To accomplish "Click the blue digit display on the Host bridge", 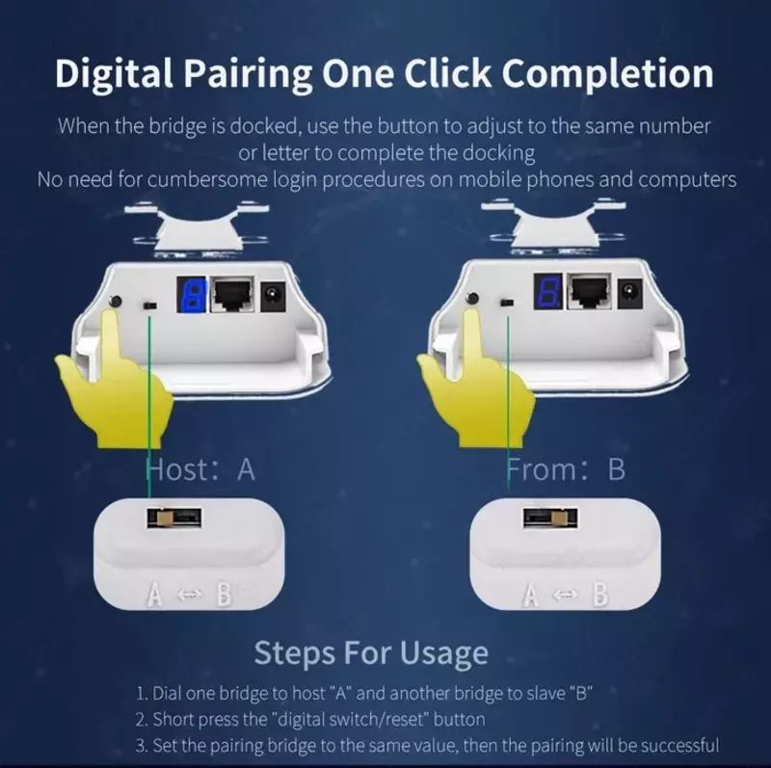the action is pos(191,295).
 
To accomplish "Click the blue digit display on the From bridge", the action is pos(548,292).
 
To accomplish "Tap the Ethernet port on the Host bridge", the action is pos(233,294).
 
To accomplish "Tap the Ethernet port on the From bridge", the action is pos(590,292).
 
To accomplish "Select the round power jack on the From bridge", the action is pos(629,293).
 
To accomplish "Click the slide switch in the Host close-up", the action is pos(174,518).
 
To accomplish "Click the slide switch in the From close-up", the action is pos(550,518).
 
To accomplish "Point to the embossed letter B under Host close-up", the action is pos(224,595).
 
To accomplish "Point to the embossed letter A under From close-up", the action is pos(530,595).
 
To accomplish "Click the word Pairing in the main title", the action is pos(248,74).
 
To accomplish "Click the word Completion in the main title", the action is pos(607,74).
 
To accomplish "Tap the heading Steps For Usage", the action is pos(371,654).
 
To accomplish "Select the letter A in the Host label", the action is pos(246,469).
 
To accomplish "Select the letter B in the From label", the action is pos(617,469).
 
